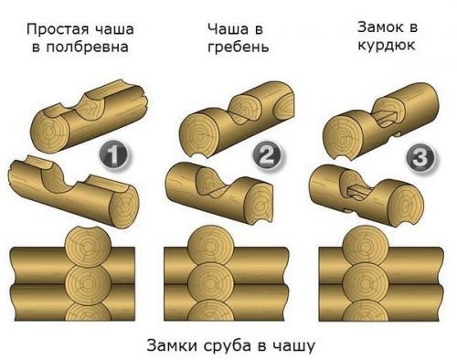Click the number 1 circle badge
click(x=112, y=156)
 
